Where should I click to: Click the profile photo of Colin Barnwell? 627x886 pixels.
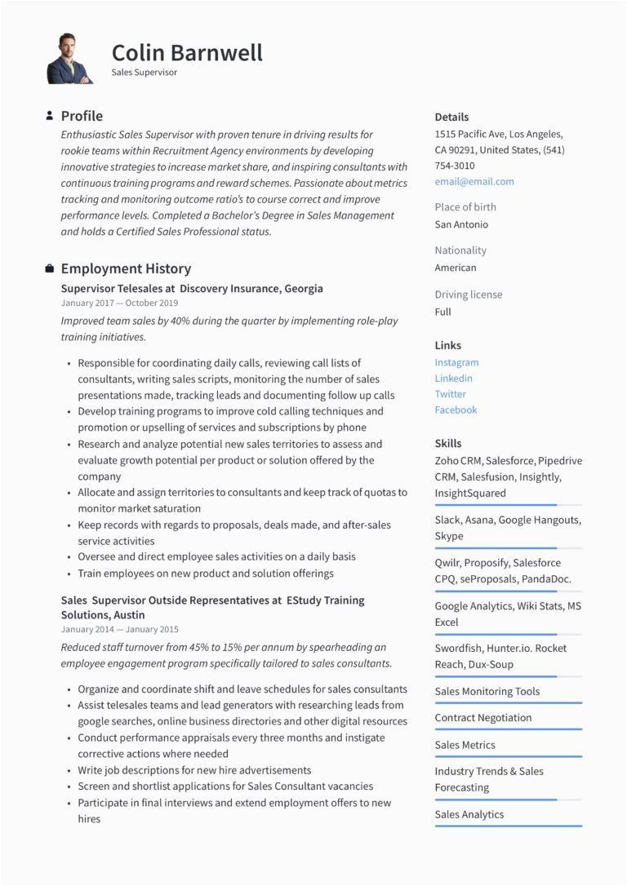pos(69,59)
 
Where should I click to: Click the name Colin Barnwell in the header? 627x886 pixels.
pos(187,53)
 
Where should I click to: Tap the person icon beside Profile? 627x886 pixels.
pos(50,116)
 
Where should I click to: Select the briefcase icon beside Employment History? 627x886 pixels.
pos(50,268)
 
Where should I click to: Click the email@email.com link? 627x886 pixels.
pos(474,181)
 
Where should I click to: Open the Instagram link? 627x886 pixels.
pos(456,362)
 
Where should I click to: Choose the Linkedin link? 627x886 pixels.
pos(453,378)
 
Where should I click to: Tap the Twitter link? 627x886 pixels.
pos(450,394)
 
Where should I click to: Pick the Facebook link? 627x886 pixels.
pos(456,410)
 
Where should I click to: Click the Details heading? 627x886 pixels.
pos(451,117)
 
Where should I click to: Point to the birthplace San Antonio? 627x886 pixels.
pos(461,224)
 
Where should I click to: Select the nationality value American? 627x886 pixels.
pos(456,268)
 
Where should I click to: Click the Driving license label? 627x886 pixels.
pos(468,295)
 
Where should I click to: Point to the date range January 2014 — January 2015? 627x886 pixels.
pos(119,630)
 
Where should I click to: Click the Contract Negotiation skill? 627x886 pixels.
pos(482,718)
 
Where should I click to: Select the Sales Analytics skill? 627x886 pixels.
pos(469,814)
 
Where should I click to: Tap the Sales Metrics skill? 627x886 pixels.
pos(465,745)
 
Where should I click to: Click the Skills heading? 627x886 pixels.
pos(447,443)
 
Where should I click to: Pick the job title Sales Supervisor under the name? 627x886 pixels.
pos(145,72)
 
